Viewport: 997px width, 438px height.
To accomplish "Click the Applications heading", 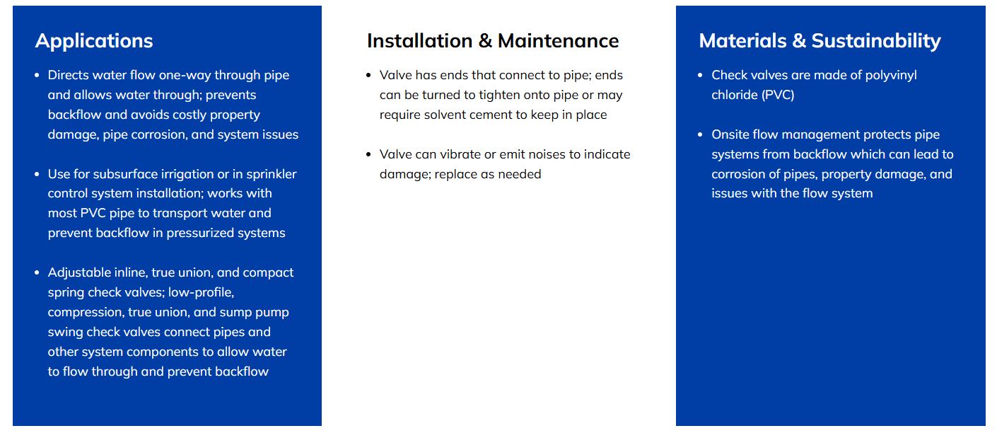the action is pos(94,42).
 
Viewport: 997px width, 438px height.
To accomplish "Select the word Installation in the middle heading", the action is pos(419,41).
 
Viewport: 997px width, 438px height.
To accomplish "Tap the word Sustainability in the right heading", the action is pos(876,42).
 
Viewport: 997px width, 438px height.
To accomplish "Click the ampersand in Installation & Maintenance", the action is pos(484,41).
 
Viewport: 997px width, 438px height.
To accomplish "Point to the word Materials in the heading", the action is pos(743,41).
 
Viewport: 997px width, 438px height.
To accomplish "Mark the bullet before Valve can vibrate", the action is pos(368,155).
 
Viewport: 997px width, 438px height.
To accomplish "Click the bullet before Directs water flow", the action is pos(37,75).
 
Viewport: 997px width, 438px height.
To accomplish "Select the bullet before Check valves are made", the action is pos(700,75).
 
